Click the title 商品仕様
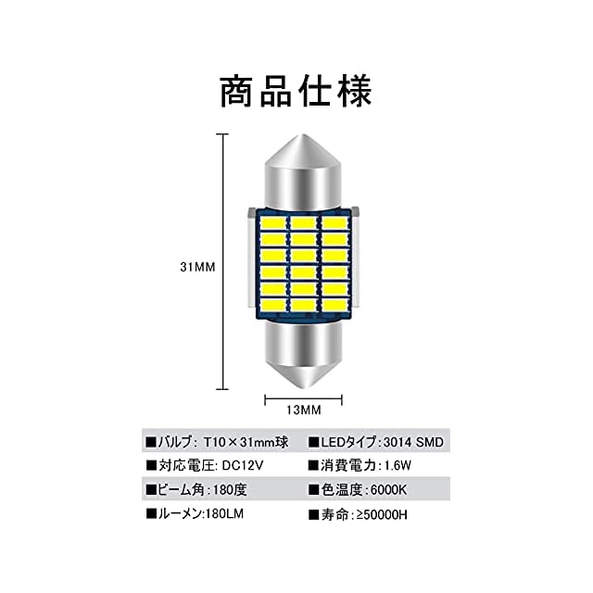296,92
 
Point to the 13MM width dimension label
303,409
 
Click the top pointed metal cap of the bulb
303,171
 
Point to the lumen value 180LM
225,511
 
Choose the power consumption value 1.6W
395,465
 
